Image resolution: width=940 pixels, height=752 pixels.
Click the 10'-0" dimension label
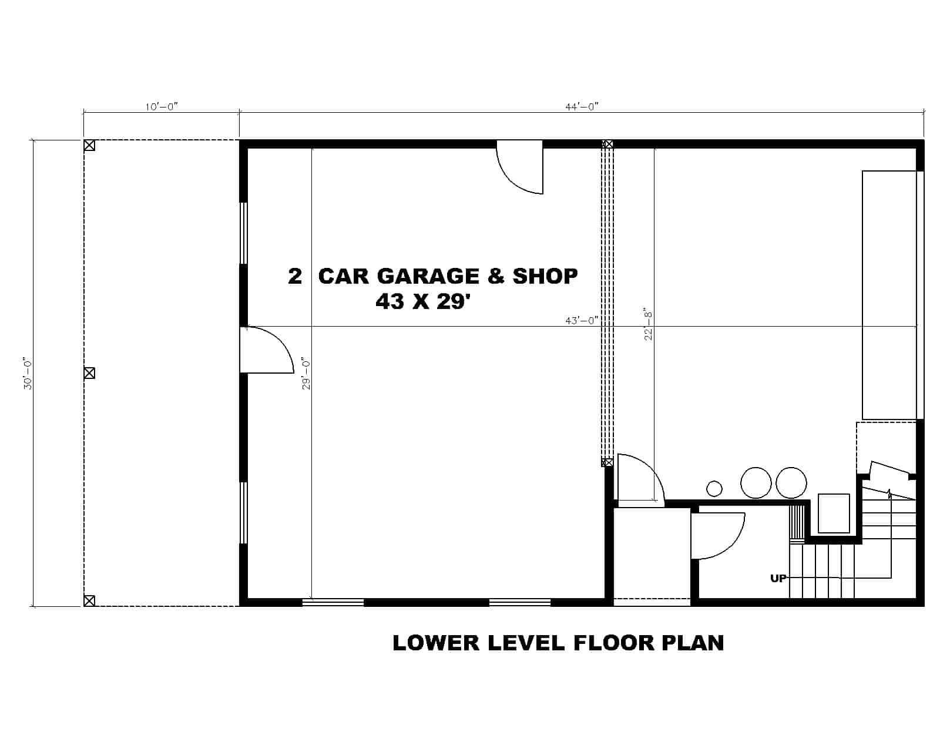coord(161,106)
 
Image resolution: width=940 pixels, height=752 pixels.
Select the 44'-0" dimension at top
coord(581,106)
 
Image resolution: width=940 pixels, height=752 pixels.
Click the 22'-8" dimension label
coord(648,324)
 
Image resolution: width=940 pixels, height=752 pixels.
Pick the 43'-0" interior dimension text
coord(581,320)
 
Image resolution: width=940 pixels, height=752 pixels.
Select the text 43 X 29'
coord(424,301)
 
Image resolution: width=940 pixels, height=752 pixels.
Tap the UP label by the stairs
coord(778,579)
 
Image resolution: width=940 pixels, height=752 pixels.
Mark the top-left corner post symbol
coord(89,145)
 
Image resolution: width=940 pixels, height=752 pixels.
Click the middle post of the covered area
coord(89,372)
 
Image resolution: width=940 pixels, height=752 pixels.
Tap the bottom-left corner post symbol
coord(89,600)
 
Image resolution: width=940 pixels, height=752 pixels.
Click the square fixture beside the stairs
coord(834,513)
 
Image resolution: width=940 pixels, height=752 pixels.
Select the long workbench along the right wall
coord(889,295)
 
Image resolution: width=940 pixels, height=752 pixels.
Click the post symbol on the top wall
coord(608,144)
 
